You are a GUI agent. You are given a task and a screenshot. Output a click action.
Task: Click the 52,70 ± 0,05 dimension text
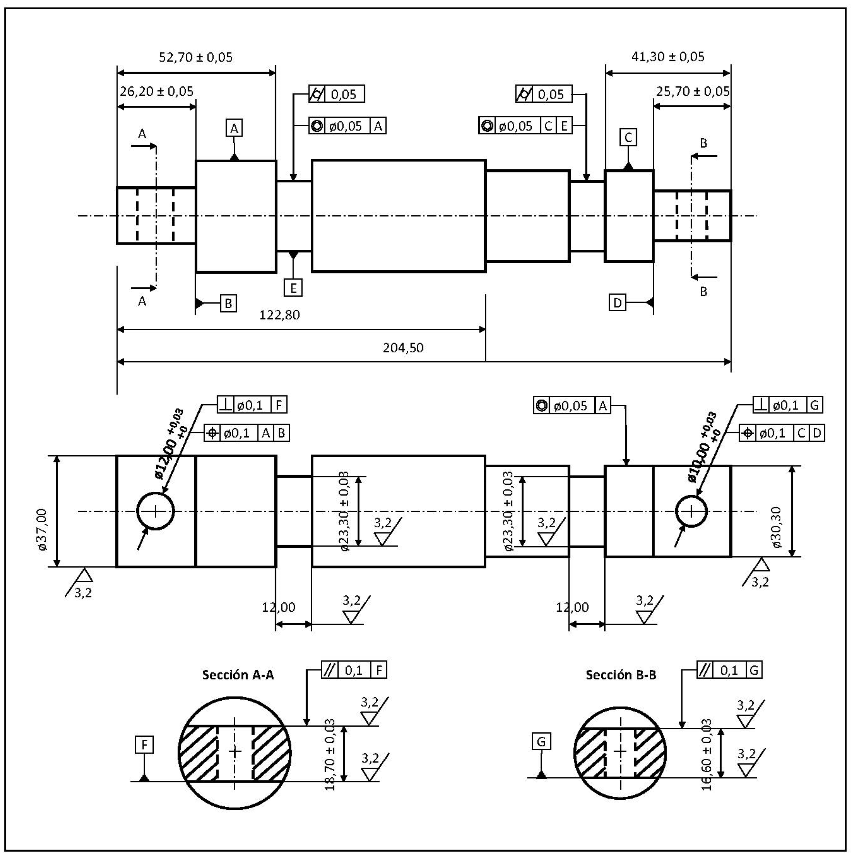[195, 57]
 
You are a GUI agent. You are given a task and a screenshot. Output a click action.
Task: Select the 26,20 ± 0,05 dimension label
[156, 92]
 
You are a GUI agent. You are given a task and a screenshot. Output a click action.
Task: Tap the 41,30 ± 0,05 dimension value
[668, 57]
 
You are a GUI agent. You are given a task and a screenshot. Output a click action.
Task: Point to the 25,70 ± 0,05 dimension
[693, 92]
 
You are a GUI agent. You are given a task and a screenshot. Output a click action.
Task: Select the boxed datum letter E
[293, 288]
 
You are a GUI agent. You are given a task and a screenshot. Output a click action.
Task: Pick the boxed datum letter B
[228, 303]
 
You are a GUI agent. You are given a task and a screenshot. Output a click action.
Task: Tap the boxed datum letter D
[617, 303]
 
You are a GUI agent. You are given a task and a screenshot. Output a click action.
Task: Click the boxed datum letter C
[628, 137]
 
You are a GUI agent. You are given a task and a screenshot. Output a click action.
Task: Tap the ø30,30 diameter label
[777, 527]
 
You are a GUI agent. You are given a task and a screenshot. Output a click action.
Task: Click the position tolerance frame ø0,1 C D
[782, 433]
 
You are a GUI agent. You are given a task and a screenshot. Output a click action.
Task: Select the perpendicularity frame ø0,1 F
[252, 405]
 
